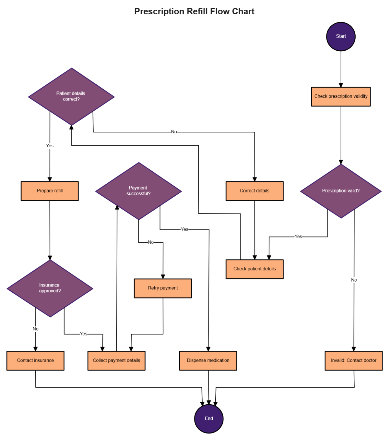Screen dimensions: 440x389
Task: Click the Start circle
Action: pos(341,37)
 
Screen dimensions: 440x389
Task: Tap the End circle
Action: pos(209,419)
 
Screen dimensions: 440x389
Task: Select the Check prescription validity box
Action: pos(341,96)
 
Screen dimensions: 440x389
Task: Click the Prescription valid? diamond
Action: pos(341,191)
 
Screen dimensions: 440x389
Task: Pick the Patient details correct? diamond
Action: pos(71,96)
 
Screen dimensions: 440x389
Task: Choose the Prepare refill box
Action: pos(50,191)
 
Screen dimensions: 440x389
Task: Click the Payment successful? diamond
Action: pos(138,191)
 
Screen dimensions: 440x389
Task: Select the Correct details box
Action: pos(254,191)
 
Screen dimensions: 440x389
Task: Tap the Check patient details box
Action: pos(254,269)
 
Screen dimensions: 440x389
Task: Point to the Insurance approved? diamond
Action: pos(50,288)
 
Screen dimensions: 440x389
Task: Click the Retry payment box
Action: pos(163,288)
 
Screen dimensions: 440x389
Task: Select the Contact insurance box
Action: pos(35,361)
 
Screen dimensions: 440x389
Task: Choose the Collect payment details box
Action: pos(116,361)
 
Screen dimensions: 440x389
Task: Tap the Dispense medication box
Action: pos(208,361)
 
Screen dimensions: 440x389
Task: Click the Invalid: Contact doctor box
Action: pos(354,361)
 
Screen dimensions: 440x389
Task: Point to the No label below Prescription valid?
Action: pos(354,280)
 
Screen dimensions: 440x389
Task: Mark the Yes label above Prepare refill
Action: pos(50,146)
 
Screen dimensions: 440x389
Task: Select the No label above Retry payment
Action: pos(151,242)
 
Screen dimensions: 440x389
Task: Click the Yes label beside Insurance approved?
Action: pos(83,334)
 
